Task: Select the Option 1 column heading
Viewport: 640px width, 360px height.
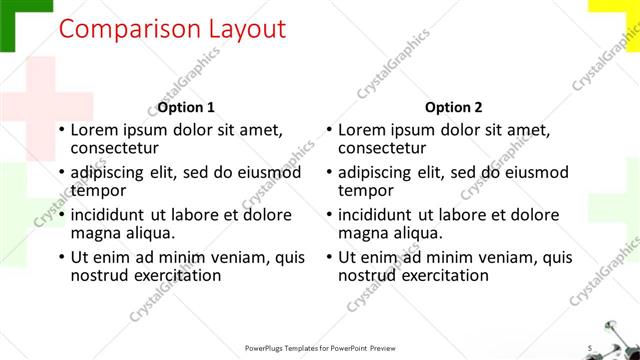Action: pos(185,107)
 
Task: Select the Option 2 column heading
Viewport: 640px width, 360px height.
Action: pos(453,107)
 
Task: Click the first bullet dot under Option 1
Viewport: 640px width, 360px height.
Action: pos(62,130)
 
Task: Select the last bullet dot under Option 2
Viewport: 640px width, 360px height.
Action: pos(330,257)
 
